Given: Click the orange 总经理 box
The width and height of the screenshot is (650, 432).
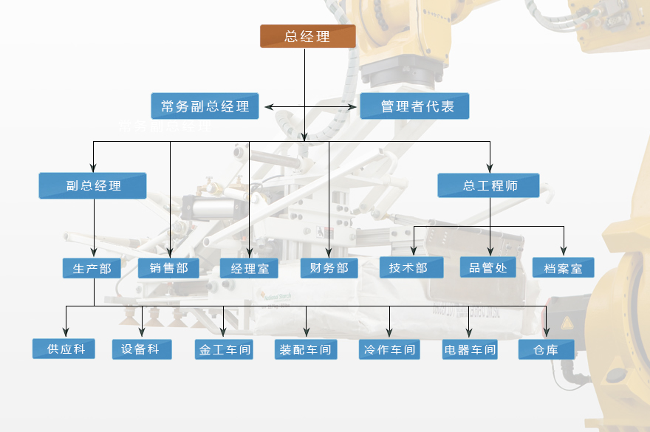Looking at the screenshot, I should click(x=307, y=36).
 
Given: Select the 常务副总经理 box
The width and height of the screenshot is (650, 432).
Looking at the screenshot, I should click(x=205, y=106).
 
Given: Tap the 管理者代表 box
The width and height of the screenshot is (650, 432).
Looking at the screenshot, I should click(x=415, y=106).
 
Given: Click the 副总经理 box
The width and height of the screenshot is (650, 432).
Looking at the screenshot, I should click(x=92, y=185).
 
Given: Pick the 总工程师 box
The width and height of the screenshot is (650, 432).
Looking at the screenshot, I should click(x=488, y=185).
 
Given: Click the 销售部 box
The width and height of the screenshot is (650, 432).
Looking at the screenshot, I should click(x=168, y=268).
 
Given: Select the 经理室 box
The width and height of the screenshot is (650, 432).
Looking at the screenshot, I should click(x=249, y=269).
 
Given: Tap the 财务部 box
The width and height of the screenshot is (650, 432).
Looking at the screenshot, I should click(x=329, y=268).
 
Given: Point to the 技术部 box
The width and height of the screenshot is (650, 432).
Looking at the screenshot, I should click(x=411, y=267).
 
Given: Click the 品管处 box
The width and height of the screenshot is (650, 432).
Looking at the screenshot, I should click(x=488, y=267).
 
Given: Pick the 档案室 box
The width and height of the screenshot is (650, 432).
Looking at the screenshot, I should click(x=563, y=268).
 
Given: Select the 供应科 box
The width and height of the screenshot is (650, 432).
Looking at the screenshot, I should click(x=64, y=349).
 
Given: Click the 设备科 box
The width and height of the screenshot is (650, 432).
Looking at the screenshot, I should click(x=142, y=349).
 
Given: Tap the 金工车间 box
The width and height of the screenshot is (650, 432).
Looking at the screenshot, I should click(x=224, y=350).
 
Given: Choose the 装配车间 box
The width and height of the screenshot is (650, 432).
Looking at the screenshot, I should click(x=306, y=350).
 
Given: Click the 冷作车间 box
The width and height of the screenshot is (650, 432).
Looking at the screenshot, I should click(x=389, y=350).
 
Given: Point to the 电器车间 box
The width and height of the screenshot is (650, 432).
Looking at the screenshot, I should click(x=469, y=350).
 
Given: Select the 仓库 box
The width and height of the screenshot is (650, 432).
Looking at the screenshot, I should click(x=546, y=350).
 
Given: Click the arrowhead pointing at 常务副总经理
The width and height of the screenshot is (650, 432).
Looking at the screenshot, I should click(x=269, y=107).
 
